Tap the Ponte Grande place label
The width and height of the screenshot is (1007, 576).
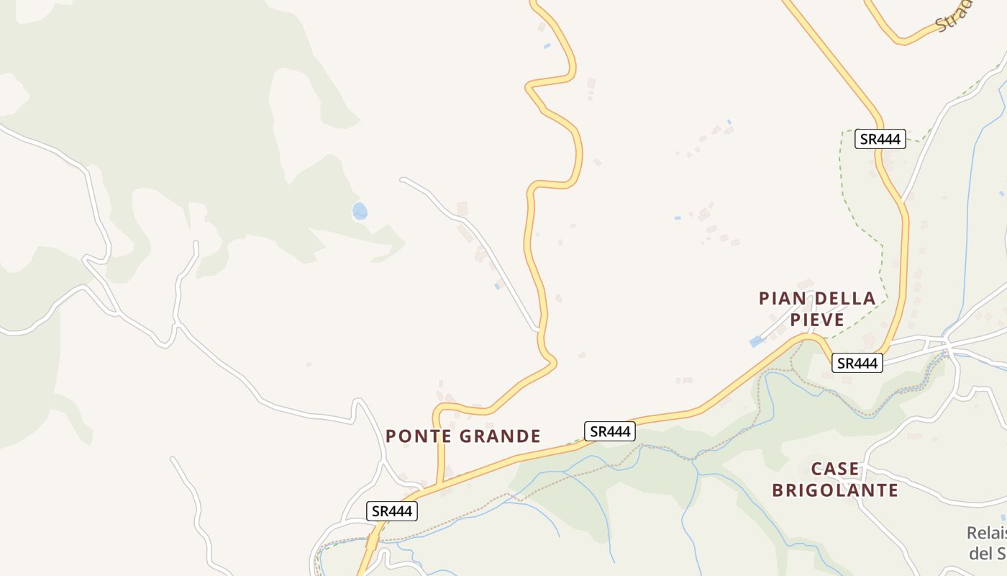[x=463, y=436]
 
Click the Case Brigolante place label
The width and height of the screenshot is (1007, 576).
[x=835, y=480]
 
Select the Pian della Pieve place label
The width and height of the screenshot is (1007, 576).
[x=817, y=308]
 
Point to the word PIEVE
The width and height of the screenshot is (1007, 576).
[x=817, y=319]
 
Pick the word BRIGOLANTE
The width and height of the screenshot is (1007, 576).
[x=835, y=491]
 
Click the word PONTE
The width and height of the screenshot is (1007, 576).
[x=417, y=436]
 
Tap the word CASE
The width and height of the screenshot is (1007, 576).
[x=835, y=469]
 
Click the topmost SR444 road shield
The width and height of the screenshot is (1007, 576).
[x=880, y=139]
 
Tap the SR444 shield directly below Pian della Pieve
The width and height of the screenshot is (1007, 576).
[x=857, y=364]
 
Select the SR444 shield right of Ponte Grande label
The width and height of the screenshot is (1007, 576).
[x=609, y=431]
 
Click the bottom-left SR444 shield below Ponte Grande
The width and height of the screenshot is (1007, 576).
[x=391, y=511]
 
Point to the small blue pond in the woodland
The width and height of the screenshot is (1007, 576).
[x=360, y=211]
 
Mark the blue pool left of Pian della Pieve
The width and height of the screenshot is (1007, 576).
[x=756, y=342]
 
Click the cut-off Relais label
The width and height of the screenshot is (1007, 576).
[x=986, y=534]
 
